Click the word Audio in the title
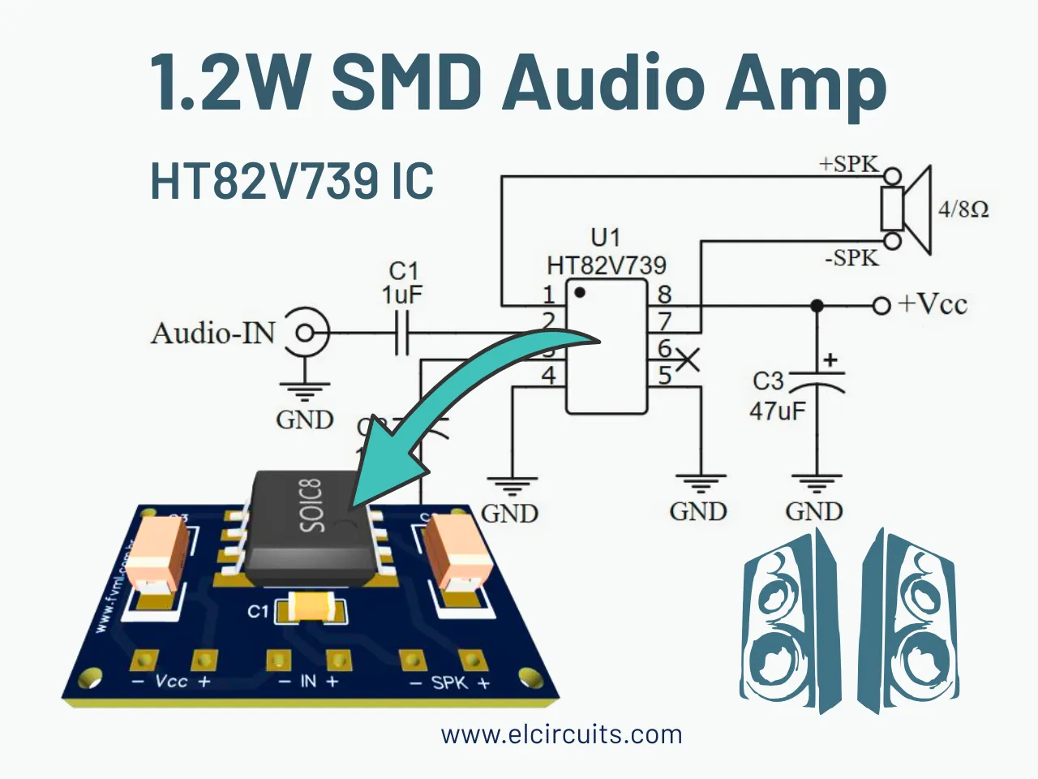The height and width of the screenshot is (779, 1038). coord(600,83)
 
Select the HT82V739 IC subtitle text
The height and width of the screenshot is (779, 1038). coord(292,181)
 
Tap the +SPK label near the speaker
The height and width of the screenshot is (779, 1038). coord(848,164)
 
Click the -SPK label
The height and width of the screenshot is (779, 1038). coord(851,258)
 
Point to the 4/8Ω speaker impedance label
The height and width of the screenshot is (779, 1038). coord(963,209)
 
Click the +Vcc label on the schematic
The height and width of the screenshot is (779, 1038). coord(932,304)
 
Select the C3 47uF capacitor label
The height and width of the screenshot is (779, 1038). coord(777,396)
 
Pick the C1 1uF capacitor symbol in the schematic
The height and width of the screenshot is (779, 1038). coord(401,333)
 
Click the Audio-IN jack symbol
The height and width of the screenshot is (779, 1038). coord(306,333)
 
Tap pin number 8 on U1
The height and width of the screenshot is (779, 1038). coord(664,294)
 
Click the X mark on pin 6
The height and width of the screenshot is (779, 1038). coord(687,359)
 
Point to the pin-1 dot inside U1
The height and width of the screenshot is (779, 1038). coord(579,291)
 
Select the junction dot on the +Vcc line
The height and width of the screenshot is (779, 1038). coord(817,306)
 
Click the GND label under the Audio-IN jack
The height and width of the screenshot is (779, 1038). coord(305,420)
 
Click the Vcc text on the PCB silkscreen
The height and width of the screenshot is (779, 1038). coord(171,681)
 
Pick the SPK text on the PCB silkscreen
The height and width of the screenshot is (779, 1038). coord(449,682)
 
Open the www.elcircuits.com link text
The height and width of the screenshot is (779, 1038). coord(561,734)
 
